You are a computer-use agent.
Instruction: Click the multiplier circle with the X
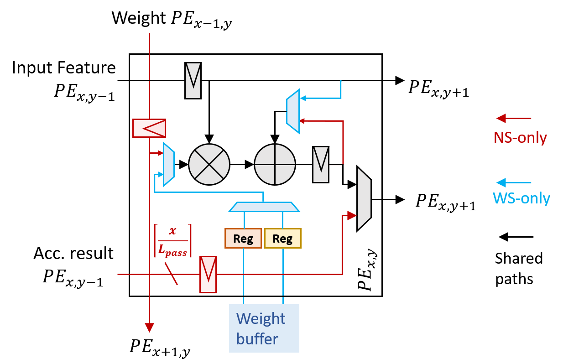pos(209,164)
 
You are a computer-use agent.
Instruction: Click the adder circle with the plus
pos(275,164)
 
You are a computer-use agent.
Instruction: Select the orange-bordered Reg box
pos(243,238)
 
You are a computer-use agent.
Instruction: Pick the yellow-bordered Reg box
pos(282,238)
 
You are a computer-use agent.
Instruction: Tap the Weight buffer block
pos(264,328)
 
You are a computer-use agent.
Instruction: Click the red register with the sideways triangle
pos(149,128)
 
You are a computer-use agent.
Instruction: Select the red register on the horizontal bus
pos(208,275)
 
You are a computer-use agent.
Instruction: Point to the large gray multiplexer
pos(364,199)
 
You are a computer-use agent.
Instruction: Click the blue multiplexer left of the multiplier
pos(169,164)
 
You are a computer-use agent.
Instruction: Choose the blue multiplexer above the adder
pos(293,111)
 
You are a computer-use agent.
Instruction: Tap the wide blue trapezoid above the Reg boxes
pos(264,207)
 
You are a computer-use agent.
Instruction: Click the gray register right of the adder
pos(321,165)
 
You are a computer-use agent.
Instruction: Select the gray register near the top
pos(193,81)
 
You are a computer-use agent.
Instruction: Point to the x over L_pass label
pos(172,241)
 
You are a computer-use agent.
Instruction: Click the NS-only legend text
pos(520,137)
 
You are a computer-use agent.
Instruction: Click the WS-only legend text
pos(521,198)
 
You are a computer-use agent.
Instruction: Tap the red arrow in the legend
pos(513,119)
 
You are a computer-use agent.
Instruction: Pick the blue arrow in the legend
pos(513,183)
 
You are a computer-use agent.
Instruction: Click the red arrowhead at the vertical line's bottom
pos(149,328)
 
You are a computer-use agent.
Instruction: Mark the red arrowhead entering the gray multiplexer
pos(351,215)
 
